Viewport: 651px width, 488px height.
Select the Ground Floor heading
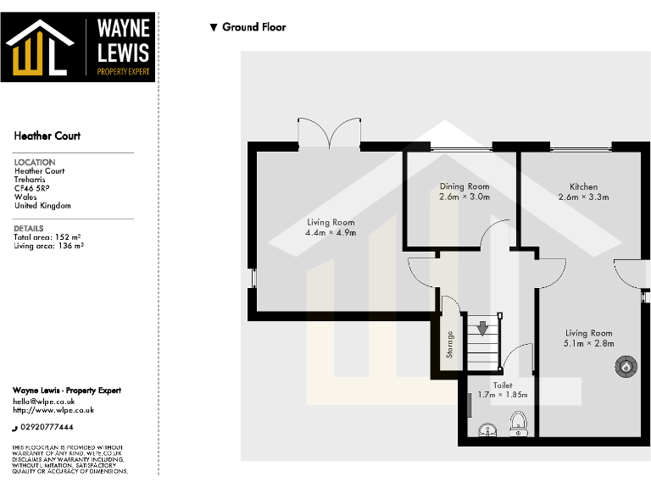[x=253, y=27]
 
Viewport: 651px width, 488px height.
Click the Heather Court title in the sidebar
[x=47, y=136]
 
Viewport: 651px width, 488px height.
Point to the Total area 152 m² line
[x=46, y=237]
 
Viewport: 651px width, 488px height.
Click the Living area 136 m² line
[x=48, y=246]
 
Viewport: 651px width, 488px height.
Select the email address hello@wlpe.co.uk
[x=44, y=401]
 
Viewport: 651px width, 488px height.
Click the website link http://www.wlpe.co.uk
[x=53, y=410]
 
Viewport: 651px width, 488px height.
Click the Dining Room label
[x=465, y=186]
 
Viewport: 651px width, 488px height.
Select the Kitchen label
[x=583, y=186]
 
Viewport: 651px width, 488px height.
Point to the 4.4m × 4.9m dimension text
[x=331, y=232]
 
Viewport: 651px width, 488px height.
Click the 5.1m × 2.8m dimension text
[x=588, y=344]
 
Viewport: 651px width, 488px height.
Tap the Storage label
[x=450, y=343]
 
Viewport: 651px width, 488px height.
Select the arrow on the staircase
[x=482, y=327]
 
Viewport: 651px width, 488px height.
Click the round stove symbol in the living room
[x=626, y=367]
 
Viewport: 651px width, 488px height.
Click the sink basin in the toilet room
[x=488, y=430]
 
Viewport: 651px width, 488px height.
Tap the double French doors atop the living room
[x=331, y=134]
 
